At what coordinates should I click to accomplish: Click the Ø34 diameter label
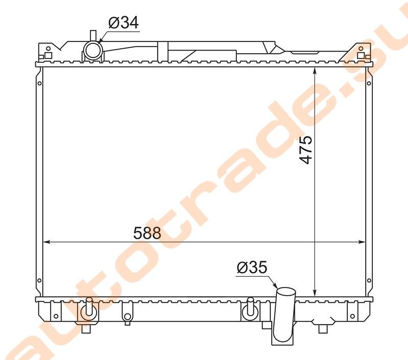[124, 22]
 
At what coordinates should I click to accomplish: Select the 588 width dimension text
[147, 233]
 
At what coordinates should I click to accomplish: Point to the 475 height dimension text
[305, 150]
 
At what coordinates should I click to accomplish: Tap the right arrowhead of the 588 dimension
[362, 242]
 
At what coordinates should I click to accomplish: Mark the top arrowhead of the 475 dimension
[315, 71]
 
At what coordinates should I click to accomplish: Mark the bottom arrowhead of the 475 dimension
[315, 293]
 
